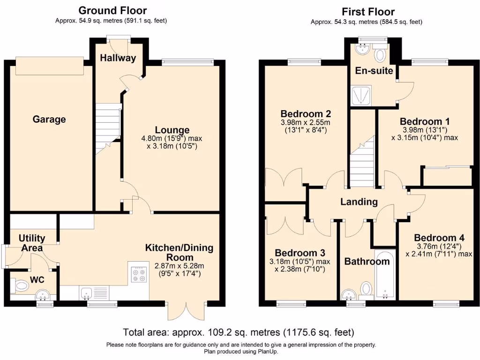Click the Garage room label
tap(49, 120)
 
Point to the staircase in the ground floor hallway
tap(108, 127)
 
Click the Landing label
tap(359, 202)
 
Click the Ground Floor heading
tap(112, 10)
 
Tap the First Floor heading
tap(368, 12)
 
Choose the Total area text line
tap(239, 333)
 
